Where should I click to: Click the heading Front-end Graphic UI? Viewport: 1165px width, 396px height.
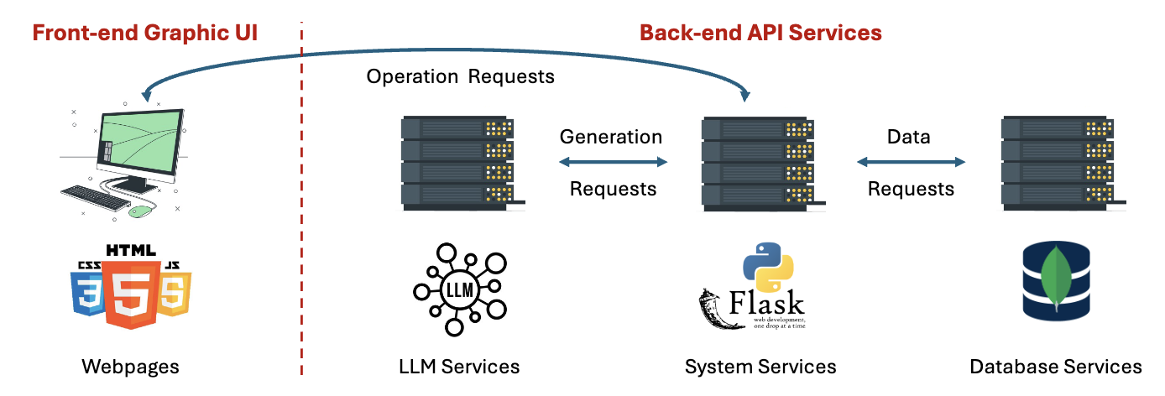[144, 34]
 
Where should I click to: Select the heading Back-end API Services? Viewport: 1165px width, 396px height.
[760, 33]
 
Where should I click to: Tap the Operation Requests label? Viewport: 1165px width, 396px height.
[461, 76]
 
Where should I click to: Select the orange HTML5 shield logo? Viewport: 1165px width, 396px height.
[130, 289]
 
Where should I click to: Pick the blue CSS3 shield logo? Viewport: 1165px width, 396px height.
[86, 289]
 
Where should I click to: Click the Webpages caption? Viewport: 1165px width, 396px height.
[130, 367]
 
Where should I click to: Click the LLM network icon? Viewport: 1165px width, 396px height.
[458, 289]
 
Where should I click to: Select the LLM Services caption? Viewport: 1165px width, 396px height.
[459, 367]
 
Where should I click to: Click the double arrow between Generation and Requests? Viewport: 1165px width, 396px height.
[614, 163]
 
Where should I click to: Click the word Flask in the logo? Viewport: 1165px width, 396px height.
[766, 301]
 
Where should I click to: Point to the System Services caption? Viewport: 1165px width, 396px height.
[760, 367]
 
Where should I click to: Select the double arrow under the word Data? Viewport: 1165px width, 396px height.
[911, 163]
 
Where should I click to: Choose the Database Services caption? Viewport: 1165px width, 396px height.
[1055, 367]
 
